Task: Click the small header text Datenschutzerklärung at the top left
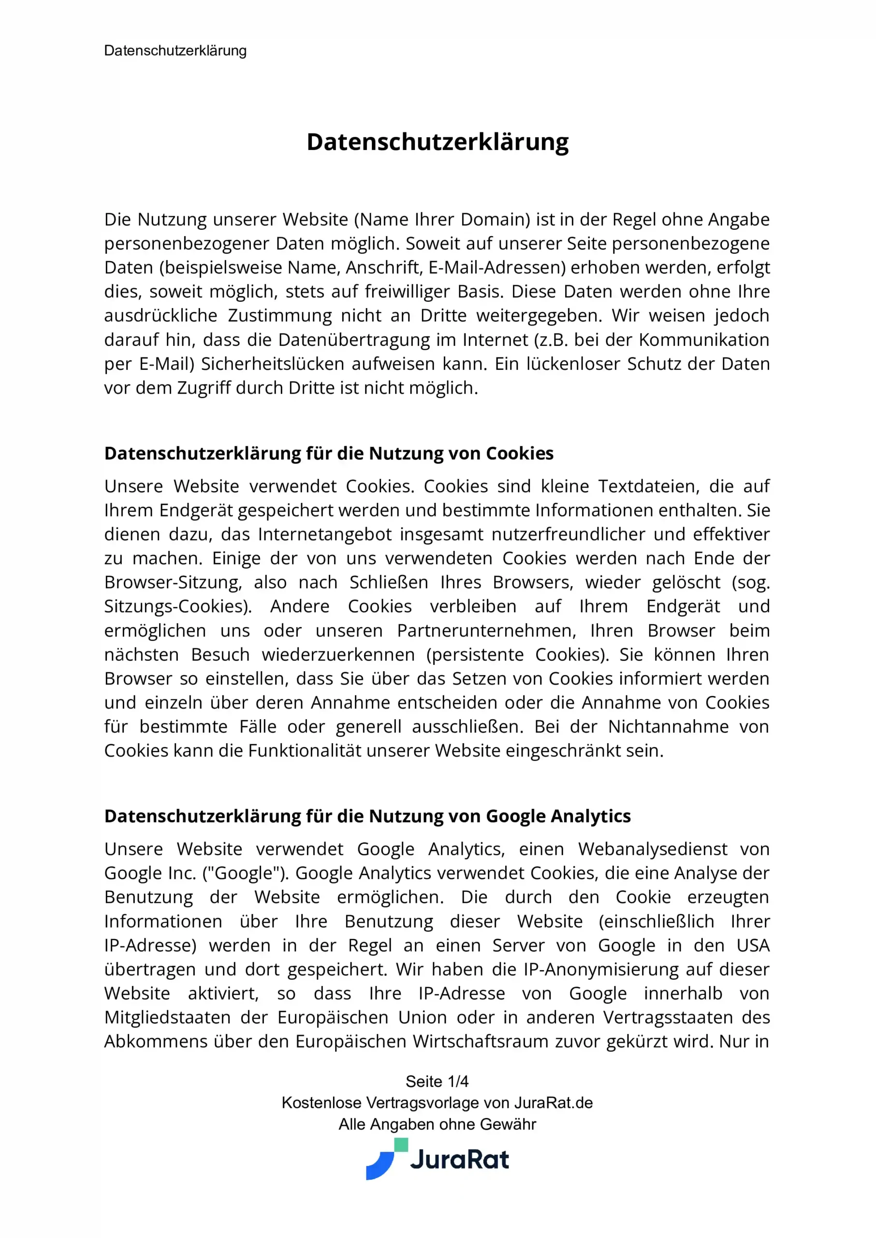(x=175, y=51)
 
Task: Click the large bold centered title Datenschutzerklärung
(x=438, y=142)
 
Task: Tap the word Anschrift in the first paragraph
(x=383, y=267)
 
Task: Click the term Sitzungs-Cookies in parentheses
(x=177, y=607)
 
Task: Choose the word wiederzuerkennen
(x=338, y=655)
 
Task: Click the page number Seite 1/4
(x=437, y=1082)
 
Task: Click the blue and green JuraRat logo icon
(x=386, y=1159)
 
